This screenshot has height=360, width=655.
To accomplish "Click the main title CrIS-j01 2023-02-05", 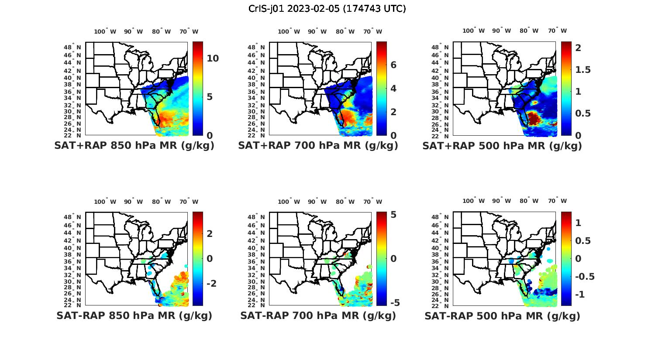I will pos(327,8).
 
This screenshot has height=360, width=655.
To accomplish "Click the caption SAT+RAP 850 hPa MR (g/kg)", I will pos(134,146).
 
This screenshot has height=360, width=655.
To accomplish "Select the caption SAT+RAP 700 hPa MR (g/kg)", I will pos(318,146).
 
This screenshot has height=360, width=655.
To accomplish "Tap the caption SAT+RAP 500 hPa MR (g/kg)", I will pos(502,146).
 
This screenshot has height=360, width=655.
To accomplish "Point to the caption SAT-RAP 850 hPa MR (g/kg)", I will pos(134,315).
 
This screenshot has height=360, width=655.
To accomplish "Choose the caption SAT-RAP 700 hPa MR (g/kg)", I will pos(318,315).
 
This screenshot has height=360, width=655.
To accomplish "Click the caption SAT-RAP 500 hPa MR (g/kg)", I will pos(502,315).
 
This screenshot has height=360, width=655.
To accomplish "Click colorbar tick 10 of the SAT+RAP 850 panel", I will pos(213,58).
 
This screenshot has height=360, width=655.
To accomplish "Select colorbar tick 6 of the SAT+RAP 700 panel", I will pos(393,65).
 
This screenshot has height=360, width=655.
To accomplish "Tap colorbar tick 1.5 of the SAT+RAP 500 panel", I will pos(583,70).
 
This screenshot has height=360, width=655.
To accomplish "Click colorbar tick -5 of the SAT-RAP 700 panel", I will pos(392,303).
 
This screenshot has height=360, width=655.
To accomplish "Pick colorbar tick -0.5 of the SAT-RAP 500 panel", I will pos(585,277).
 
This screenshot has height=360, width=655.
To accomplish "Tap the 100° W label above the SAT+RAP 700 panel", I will pos(289,31).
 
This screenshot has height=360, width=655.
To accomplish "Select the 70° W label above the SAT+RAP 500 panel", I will pos(557,31).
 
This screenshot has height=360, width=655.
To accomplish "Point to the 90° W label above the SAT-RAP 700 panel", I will pos(317,202).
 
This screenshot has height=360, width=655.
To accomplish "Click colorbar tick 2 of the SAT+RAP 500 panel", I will pos(578,48).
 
